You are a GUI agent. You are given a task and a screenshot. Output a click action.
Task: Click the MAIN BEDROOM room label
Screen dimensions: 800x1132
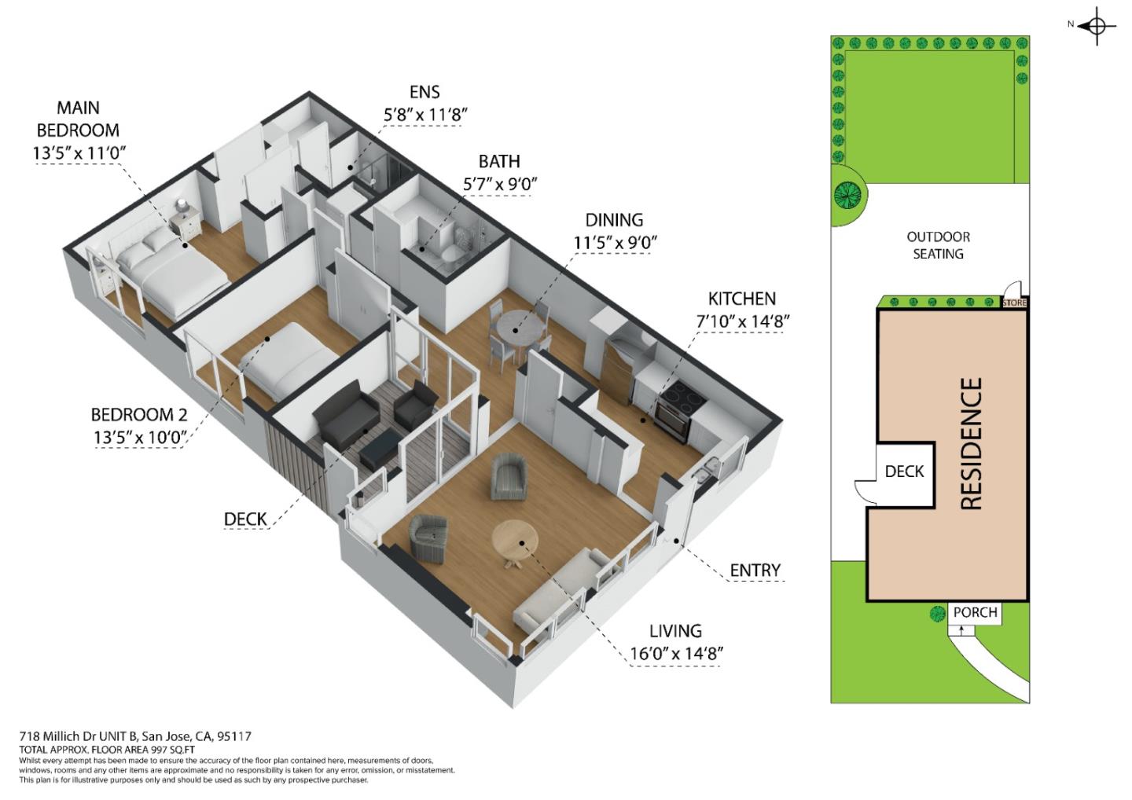tap(79, 119)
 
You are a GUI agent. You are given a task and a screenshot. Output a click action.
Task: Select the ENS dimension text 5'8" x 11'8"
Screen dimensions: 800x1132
tap(424, 115)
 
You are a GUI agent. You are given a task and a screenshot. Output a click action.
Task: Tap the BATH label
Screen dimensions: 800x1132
tap(499, 161)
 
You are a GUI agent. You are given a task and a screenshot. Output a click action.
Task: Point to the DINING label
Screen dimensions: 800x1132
tap(614, 220)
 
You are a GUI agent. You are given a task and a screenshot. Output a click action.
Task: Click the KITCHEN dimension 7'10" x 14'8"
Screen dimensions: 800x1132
tap(742, 321)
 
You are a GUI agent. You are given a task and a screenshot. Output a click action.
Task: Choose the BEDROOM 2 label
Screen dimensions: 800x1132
tap(138, 414)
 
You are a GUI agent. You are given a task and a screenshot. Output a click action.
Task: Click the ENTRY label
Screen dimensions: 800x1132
tap(755, 570)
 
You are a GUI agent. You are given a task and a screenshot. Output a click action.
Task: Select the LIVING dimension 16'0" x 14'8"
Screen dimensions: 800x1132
tap(676, 653)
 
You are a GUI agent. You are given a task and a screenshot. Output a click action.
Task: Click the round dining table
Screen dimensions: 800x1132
tap(516, 324)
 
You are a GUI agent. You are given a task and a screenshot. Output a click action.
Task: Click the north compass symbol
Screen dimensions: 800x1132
tap(1097, 26)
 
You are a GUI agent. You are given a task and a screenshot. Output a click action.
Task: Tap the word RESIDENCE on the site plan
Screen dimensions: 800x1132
tap(972, 444)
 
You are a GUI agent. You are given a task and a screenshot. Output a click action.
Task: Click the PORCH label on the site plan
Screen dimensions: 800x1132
tap(975, 612)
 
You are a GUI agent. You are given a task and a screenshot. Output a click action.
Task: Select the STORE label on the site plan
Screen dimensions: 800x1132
tap(1014, 303)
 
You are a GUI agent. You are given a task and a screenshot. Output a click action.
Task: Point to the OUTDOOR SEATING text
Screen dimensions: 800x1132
tap(938, 245)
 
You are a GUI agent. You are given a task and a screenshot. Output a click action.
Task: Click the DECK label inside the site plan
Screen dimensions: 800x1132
tap(904, 472)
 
